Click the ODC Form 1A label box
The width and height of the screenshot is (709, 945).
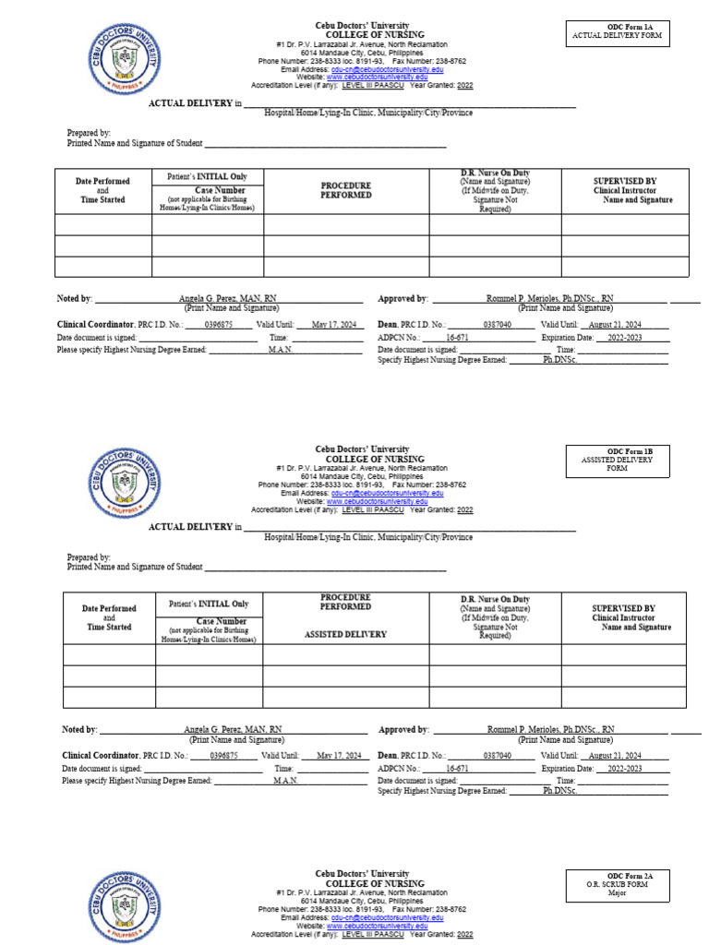(618, 33)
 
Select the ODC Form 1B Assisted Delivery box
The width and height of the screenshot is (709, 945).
(617, 459)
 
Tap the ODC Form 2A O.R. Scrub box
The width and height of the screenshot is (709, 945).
(617, 884)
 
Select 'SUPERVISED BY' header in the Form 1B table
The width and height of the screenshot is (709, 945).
(623, 608)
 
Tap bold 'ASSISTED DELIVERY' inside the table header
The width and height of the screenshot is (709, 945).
(345, 635)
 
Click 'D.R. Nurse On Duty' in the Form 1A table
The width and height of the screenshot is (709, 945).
(495, 173)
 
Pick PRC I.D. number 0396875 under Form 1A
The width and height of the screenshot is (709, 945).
(219, 326)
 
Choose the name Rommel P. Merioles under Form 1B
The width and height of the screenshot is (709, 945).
(550, 729)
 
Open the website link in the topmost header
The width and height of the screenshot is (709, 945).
(377, 77)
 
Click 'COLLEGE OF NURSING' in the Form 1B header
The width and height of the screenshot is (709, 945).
(362, 459)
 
